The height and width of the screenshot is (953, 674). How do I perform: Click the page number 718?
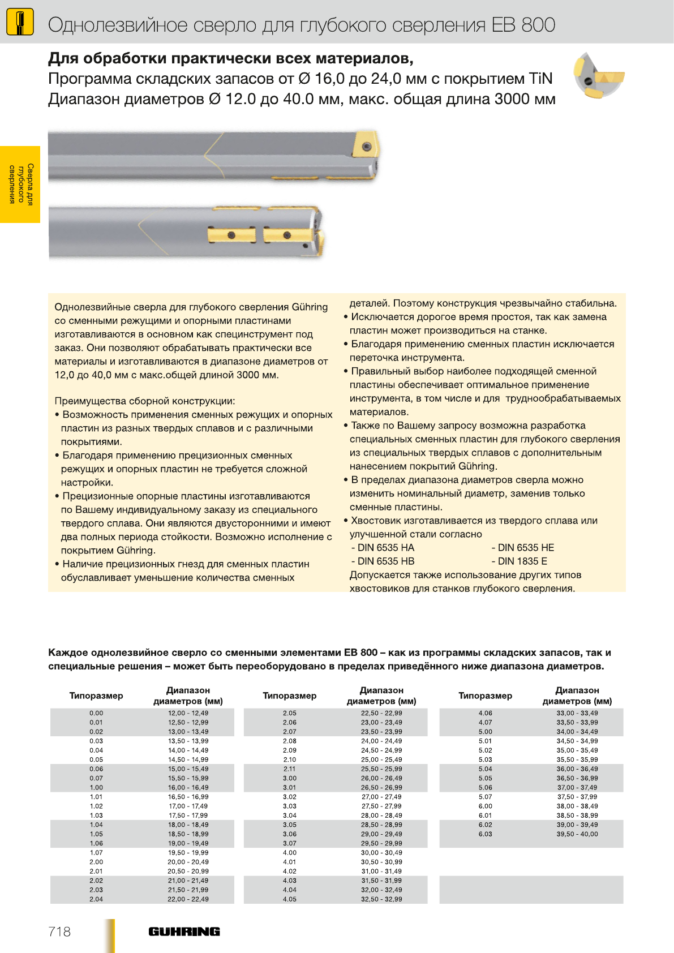click(59, 931)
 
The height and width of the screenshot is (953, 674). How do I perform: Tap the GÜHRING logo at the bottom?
click(184, 931)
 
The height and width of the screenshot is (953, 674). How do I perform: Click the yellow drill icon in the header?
click(19, 23)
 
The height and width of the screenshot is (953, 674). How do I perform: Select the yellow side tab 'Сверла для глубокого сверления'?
click(20, 184)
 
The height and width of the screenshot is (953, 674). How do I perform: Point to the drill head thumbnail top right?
click(598, 76)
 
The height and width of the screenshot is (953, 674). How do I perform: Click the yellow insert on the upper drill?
click(365, 146)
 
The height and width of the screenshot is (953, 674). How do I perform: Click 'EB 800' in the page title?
click(523, 25)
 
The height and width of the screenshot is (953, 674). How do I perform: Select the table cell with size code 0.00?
click(96, 713)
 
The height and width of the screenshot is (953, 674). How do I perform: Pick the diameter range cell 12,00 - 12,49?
click(188, 713)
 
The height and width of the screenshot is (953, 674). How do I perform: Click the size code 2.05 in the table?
click(290, 713)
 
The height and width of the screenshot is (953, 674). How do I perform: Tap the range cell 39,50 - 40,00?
click(577, 834)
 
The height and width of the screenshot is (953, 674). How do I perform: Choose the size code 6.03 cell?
click(485, 834)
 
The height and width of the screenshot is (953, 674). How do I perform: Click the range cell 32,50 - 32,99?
click(381, 899)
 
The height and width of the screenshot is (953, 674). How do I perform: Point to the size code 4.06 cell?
click(485, 713)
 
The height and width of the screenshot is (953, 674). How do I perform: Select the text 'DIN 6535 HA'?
click(385, 548)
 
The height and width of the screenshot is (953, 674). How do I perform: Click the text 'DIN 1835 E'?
click(522, 561)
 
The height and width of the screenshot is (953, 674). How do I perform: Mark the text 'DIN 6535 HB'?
click(385, 561)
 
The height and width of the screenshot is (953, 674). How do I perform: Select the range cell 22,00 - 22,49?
click(188, 899)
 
